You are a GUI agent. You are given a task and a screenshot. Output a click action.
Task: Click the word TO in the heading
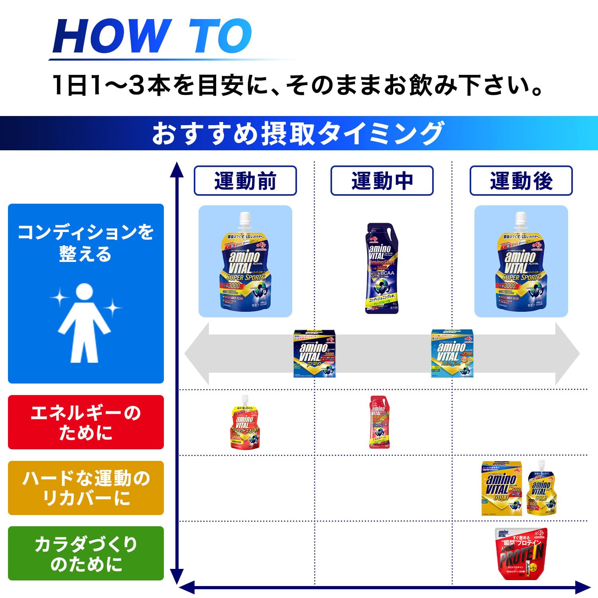pos(220,36)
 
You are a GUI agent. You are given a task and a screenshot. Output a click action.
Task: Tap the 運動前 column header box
pos(245,181)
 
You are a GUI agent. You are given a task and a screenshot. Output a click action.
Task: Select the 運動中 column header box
pos(382,181)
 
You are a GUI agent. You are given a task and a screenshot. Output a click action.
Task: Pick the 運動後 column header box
pos(521,181)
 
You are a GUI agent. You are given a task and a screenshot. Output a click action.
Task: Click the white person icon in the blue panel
pos(84,323)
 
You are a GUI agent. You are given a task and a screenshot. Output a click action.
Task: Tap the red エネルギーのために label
pos(86,422)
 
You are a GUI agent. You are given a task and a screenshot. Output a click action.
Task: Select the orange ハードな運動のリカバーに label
pos(86,488)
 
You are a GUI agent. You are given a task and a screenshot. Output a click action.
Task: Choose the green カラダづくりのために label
pos(86,553)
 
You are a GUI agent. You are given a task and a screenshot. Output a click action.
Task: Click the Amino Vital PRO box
pos(315,354)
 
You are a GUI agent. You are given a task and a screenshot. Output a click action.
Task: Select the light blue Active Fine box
pos(452,354)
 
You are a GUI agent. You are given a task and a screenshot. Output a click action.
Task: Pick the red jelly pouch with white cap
pos(245,425)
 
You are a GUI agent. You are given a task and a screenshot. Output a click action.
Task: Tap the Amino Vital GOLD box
pos(502,489)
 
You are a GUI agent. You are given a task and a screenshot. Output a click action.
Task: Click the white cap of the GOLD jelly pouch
pos(541,466)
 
